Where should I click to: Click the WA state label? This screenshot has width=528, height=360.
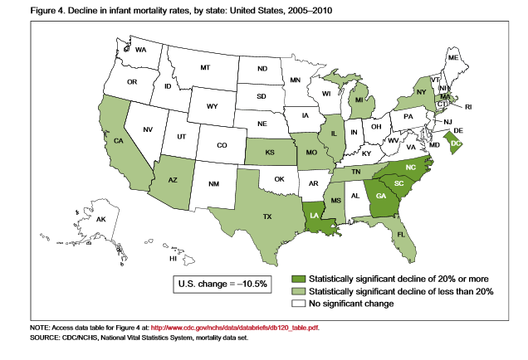(x=140, y=50)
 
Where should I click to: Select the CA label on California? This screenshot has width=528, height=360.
(x=118, y=140)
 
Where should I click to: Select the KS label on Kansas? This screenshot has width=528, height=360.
(x=269, y=153)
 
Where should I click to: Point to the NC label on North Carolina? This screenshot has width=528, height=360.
(x=410, y=167)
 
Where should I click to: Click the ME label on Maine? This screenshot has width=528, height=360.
(x=453, y=58)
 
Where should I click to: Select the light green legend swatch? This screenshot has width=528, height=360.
(x=298, y=291)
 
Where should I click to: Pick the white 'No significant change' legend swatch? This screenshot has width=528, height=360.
(x=298, y=304)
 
